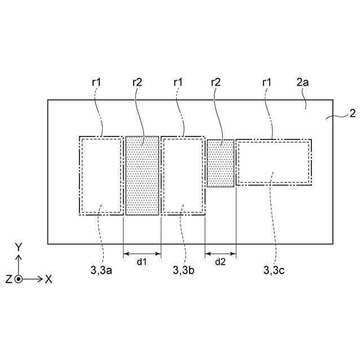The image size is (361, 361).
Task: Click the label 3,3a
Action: tap(102, 270)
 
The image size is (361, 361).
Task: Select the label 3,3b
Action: tap(184, 270)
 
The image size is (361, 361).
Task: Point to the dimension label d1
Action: tap(142, 262)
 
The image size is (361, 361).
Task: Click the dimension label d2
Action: tap(220, 262)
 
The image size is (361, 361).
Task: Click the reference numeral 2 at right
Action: tap(352, 113)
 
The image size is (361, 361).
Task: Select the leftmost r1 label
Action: tap(96, 82)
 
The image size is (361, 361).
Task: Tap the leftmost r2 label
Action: tap(137, 82)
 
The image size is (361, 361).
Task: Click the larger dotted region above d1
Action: tap(142, 175)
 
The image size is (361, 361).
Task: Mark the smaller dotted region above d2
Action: tap(220, 164)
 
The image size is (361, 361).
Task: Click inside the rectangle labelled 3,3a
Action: tap(102, 175)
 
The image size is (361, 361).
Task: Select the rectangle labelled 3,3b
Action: tap(183, 175)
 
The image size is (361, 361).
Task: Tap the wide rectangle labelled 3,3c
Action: tap(273, 162)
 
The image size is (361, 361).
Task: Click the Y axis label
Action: tap(19, 247)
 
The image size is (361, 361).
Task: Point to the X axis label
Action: tap(49, 279)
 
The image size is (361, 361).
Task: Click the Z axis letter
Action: tap(8, 279)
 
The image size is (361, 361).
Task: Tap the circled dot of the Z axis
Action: tap(19, 279)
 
